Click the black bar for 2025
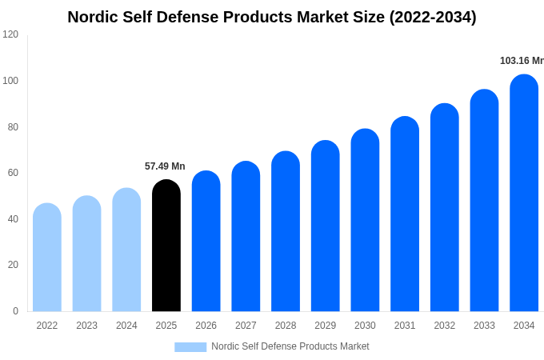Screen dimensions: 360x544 (x=166, y=246)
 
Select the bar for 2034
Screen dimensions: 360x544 (x=524, y=194)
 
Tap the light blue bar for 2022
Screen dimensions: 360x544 (x=47, y=258)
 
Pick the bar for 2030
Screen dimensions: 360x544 (x=365, y=221)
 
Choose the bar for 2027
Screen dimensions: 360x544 (x=246, y=237)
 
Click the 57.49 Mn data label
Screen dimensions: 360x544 (x=165, y=166)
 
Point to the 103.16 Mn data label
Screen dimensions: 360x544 (x=521, y=61)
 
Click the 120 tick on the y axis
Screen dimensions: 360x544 (x=10, y=34)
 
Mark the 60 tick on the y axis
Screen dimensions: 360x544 (x=13, y=173)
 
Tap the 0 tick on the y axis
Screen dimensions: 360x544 (x=15, y=311)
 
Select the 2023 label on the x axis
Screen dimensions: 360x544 (x=86, y=326)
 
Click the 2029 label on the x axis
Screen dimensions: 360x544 (x=325, y=326)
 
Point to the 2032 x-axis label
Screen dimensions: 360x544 (x=444, y=326)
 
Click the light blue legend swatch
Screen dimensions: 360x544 (x=190, y=347)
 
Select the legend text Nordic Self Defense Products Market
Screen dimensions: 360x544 (x=290, y=346)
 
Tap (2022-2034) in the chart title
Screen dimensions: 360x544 (x=432, y=17)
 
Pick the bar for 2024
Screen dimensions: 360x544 (x=126, y=250)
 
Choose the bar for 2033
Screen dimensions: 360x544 (x=484, y=201)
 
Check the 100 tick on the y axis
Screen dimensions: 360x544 (x=10, y=81)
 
